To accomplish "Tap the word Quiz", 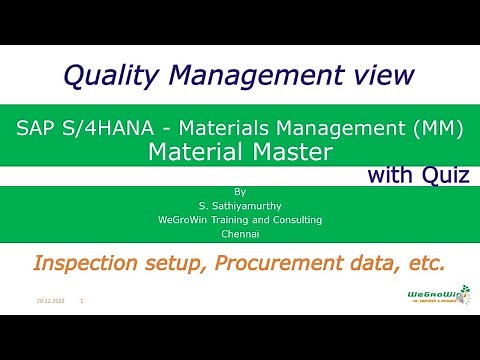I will click(x=442, y=176).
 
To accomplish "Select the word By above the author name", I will click(x=239, y=190).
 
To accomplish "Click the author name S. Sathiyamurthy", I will click(x=239, y=204).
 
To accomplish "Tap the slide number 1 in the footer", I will click(x=81, y=299).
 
